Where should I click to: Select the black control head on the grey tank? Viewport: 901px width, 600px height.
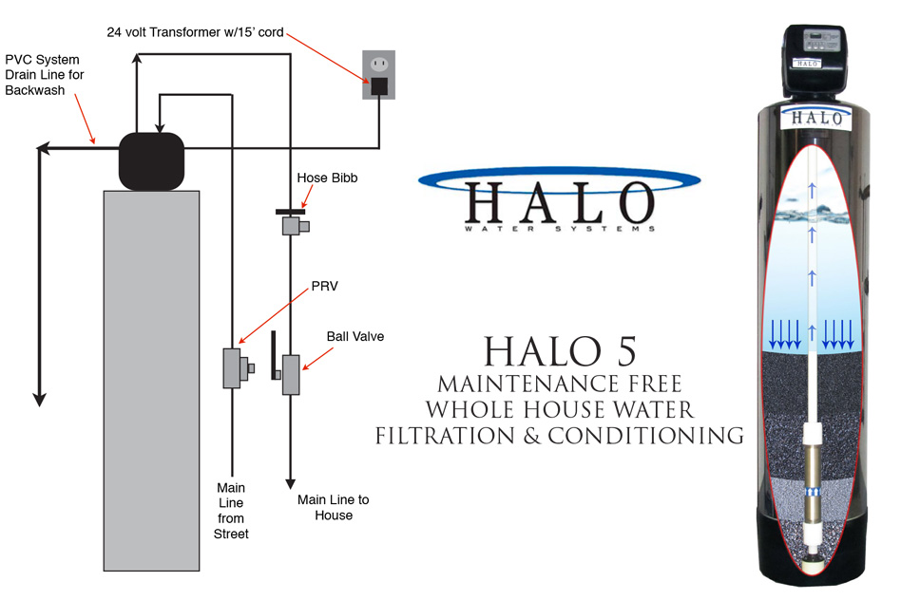pyautogui.click(x=151, y=160)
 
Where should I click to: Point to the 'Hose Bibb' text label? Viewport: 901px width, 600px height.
pyautogui.click(x=327, y=178)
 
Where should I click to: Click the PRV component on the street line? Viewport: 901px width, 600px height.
pyautogui.click(x=233, y=367)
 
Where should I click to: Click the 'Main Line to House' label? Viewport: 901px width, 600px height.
pyautogui.click(x=332, y=507)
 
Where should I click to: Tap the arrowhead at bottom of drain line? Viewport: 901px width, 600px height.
pyautogui.click(x=40, y=398)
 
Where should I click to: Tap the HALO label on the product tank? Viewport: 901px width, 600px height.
pyautogui.click(x=815, y=118)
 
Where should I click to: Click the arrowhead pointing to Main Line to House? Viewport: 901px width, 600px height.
pyautogui.click(x=290, y=480)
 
